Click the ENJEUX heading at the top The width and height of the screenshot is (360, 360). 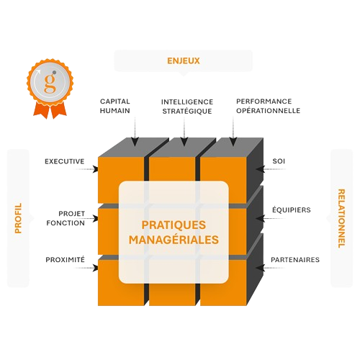184,60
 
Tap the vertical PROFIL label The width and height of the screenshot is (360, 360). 18,218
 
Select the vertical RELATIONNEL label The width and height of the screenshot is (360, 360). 341,218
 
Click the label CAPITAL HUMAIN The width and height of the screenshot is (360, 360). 115,106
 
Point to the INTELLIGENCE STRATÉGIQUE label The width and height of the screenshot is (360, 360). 187,107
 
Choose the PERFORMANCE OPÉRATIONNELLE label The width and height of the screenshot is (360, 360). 269,106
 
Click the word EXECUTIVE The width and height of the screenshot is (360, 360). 65,161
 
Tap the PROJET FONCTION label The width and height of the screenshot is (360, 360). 66,218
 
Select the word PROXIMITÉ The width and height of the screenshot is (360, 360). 66,259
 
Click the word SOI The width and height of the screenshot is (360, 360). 279,161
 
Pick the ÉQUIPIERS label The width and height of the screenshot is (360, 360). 292,210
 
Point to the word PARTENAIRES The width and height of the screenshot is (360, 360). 295,260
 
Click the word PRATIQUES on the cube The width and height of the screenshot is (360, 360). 174,225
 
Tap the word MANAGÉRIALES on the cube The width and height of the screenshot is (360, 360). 174,240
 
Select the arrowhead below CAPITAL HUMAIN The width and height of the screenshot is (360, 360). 135,141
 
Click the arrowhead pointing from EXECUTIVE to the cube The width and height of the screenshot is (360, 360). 95,169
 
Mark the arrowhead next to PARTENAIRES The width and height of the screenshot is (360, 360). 260,268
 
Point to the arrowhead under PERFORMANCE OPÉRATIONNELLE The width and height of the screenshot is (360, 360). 233,141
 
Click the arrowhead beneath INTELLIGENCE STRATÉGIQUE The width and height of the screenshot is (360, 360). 184,141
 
